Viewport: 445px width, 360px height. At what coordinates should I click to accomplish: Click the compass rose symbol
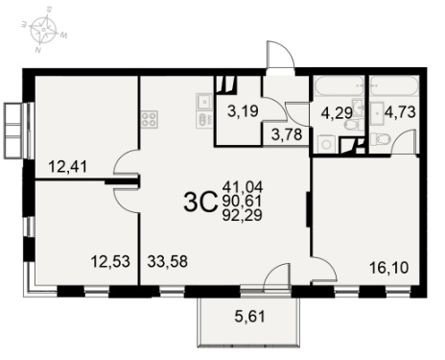43,30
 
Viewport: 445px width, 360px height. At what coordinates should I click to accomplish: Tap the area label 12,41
67,167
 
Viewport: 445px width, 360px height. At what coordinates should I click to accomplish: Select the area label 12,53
110,262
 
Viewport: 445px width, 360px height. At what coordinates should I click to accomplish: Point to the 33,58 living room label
167,262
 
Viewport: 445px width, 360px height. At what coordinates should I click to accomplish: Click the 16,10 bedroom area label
388,268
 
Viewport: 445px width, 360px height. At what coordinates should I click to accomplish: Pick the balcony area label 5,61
250,317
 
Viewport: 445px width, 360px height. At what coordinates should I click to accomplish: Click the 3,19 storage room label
243,111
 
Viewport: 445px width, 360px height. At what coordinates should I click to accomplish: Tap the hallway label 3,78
287,134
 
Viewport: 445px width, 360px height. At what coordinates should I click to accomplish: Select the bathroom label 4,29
337,113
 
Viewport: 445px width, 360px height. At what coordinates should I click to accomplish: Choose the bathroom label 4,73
400,112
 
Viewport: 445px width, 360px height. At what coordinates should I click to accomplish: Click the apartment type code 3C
200,203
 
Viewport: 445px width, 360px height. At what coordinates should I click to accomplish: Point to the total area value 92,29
243,216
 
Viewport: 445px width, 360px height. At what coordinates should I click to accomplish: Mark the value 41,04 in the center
243,186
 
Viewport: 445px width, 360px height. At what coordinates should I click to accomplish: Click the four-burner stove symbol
150,119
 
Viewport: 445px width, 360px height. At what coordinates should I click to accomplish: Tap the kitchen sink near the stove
204,102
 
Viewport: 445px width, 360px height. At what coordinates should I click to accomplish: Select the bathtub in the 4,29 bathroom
339,85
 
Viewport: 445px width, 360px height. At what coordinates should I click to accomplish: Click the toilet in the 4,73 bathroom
381,138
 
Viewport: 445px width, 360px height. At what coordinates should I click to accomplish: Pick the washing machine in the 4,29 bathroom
326,144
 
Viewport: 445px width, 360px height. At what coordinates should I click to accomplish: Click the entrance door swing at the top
280,55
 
